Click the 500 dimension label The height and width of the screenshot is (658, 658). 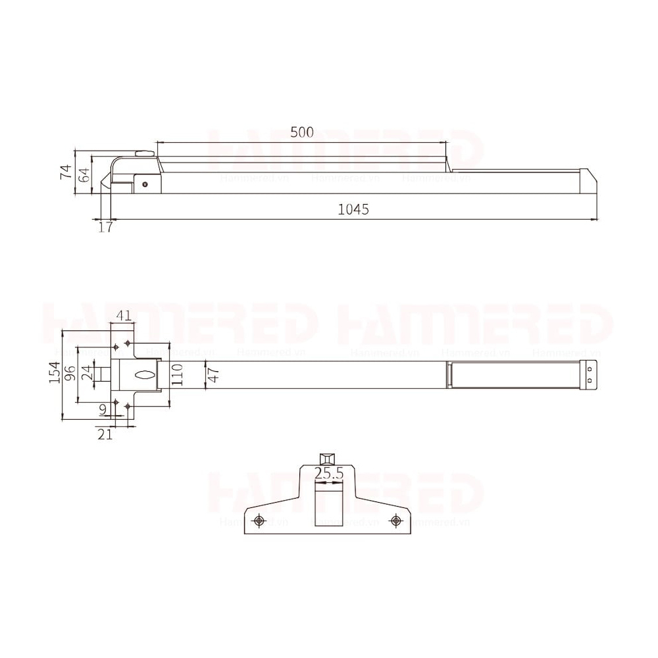click(x=301, y=132)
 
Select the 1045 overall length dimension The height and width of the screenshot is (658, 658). click(x=353, y=209)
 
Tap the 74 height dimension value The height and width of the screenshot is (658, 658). click(x=66, y=172)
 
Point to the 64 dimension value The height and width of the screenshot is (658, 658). click(x=84, y=175)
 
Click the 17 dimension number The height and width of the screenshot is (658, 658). click(x=105, y=227)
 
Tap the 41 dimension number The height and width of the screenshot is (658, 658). click(x=123, y=316)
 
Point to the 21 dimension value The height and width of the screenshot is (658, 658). click(x=105, y=434)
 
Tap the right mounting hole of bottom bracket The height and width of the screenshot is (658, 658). click(x=395, y=520)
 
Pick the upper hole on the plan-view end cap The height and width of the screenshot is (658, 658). click(x=590, y=370)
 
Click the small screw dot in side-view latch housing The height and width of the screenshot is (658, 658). click(x=145, y=185)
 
